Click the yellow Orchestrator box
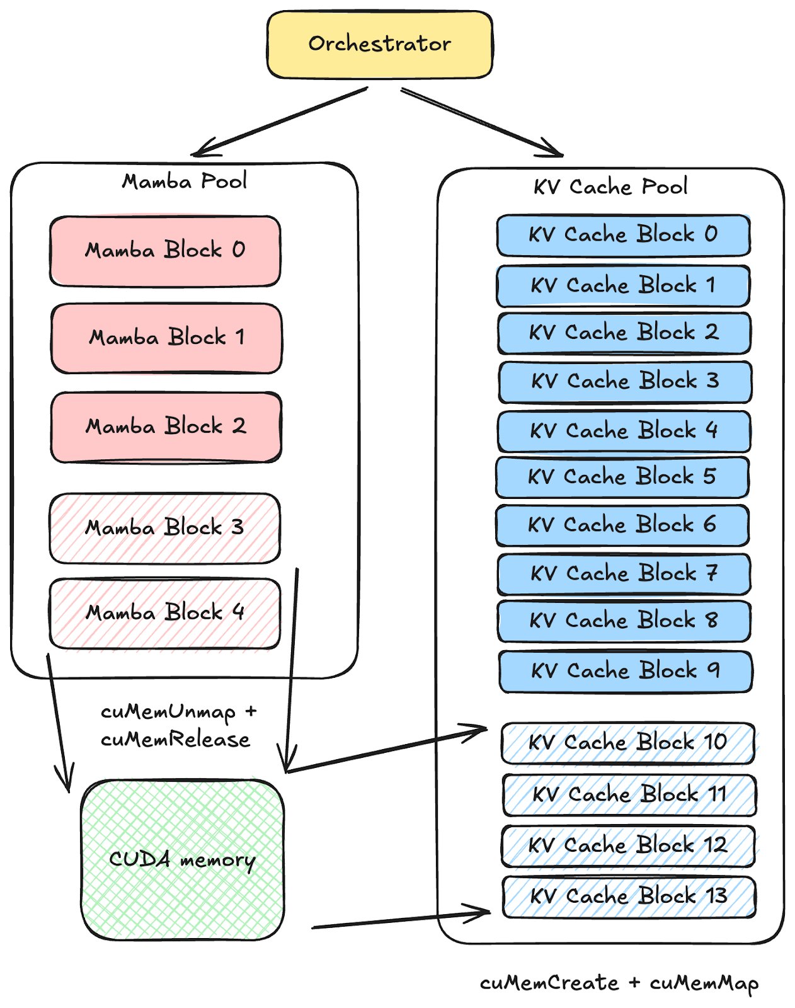380,44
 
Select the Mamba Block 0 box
165,251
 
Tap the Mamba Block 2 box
166,427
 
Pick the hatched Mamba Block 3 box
165,528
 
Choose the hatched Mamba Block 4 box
165,613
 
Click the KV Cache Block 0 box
623,235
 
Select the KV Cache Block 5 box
622,477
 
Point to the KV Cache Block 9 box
625,671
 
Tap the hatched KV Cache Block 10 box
628,743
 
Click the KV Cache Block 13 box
629,896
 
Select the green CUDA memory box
183,860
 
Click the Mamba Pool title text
185,181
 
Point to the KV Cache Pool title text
610,187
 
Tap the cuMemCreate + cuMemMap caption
619,983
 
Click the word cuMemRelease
176,740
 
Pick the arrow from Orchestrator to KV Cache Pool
482,122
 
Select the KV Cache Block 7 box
624,574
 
